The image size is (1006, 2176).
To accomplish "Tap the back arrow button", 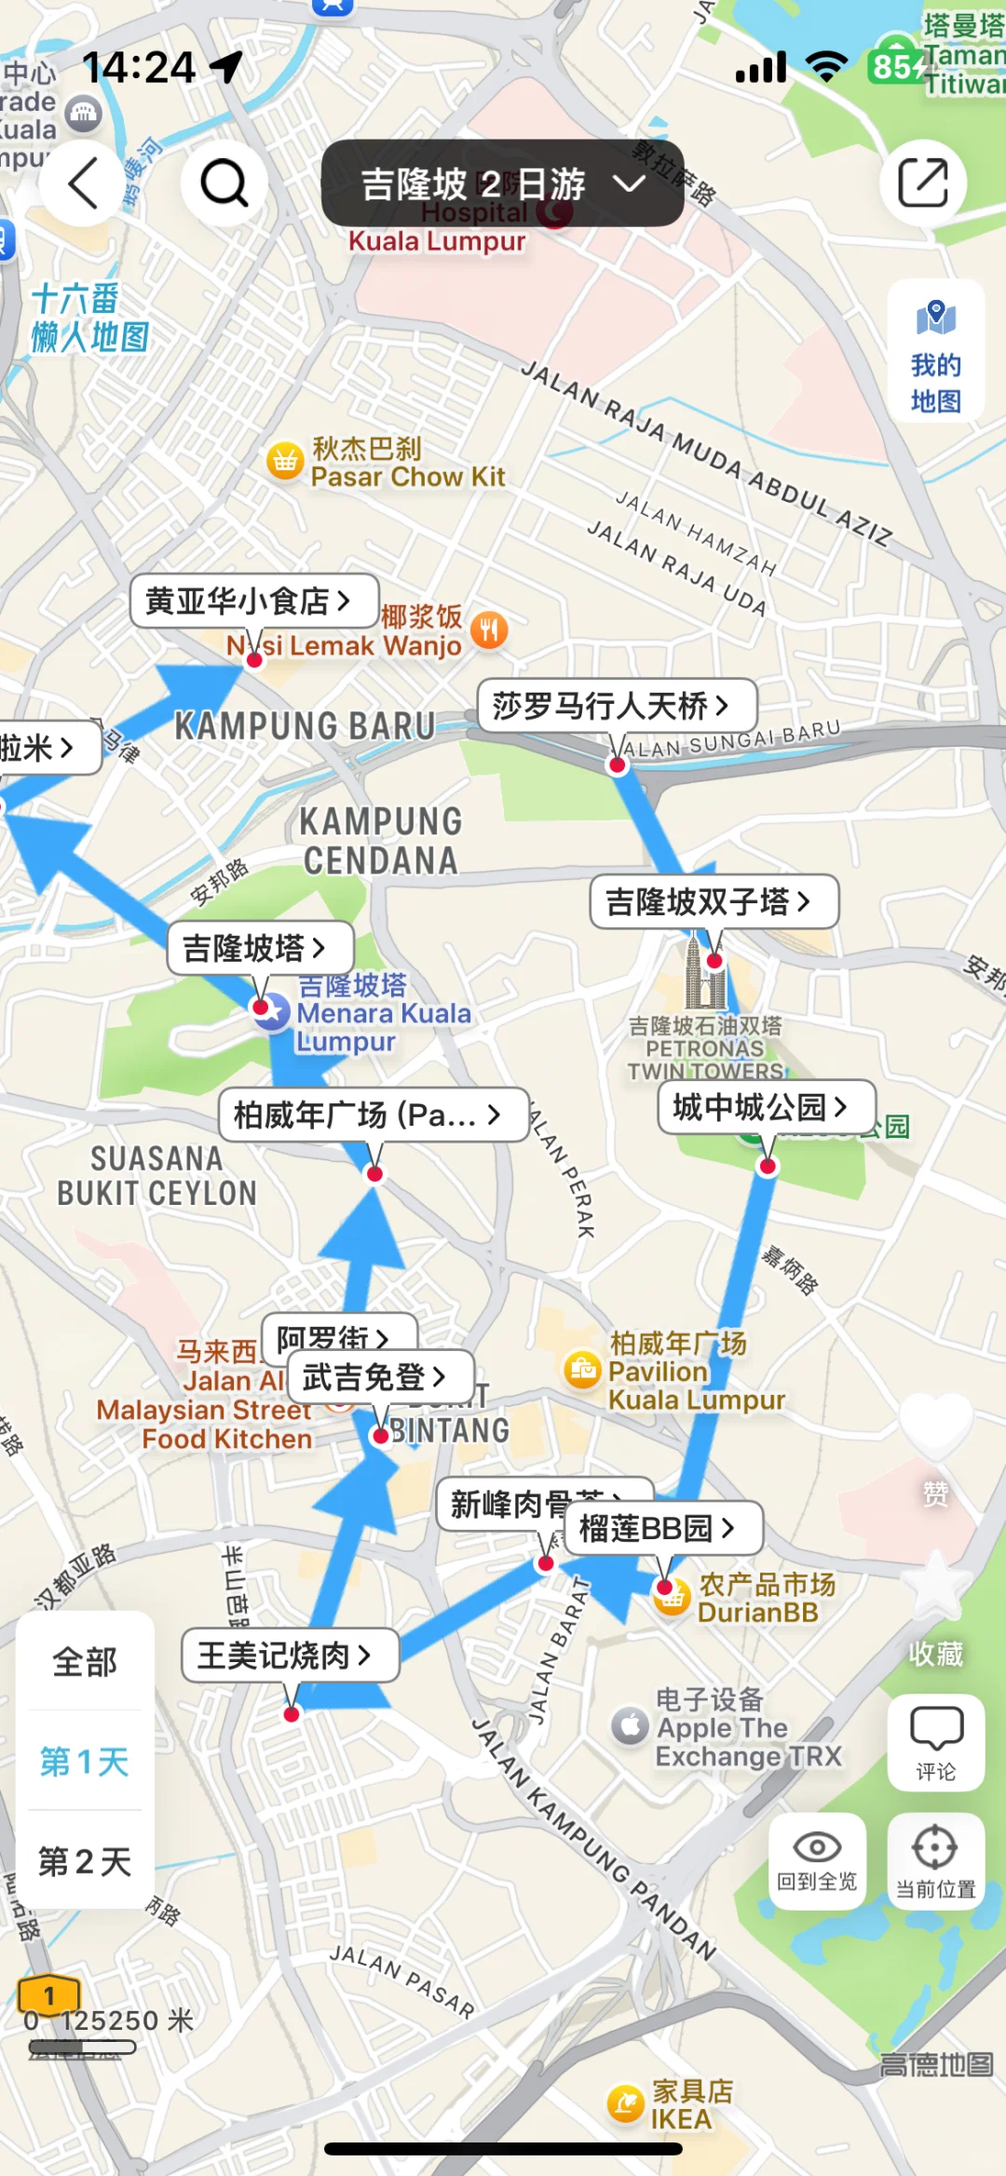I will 82,182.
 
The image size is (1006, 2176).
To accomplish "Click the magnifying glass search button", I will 224,182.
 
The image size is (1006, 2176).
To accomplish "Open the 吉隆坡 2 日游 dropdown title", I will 502,183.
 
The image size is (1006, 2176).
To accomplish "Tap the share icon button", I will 922,182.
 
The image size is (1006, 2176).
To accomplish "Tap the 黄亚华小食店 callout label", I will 248,601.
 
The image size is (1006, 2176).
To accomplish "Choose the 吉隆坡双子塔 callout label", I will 709,901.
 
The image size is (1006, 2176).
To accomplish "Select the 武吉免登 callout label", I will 374,1376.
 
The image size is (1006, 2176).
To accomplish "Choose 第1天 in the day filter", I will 85,1761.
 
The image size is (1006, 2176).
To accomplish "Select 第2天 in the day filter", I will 85,1861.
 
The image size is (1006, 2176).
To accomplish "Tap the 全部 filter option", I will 85,1661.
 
